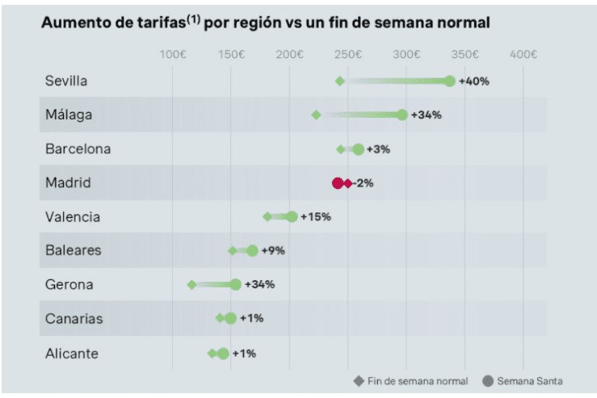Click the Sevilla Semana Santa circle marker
(450, 81)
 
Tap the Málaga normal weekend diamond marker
(317, 115)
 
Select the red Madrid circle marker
(338, 183)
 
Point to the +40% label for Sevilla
(474, 81)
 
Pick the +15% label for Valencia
(316, 216)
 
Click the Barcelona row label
(78, 149)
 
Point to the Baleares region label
(74, 250)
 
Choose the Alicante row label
(72, 353)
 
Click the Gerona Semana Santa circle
(236, 284)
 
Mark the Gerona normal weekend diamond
(191, 284)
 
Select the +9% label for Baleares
(273, 250)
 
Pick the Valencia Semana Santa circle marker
(292, 216)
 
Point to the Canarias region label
(74, 318)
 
